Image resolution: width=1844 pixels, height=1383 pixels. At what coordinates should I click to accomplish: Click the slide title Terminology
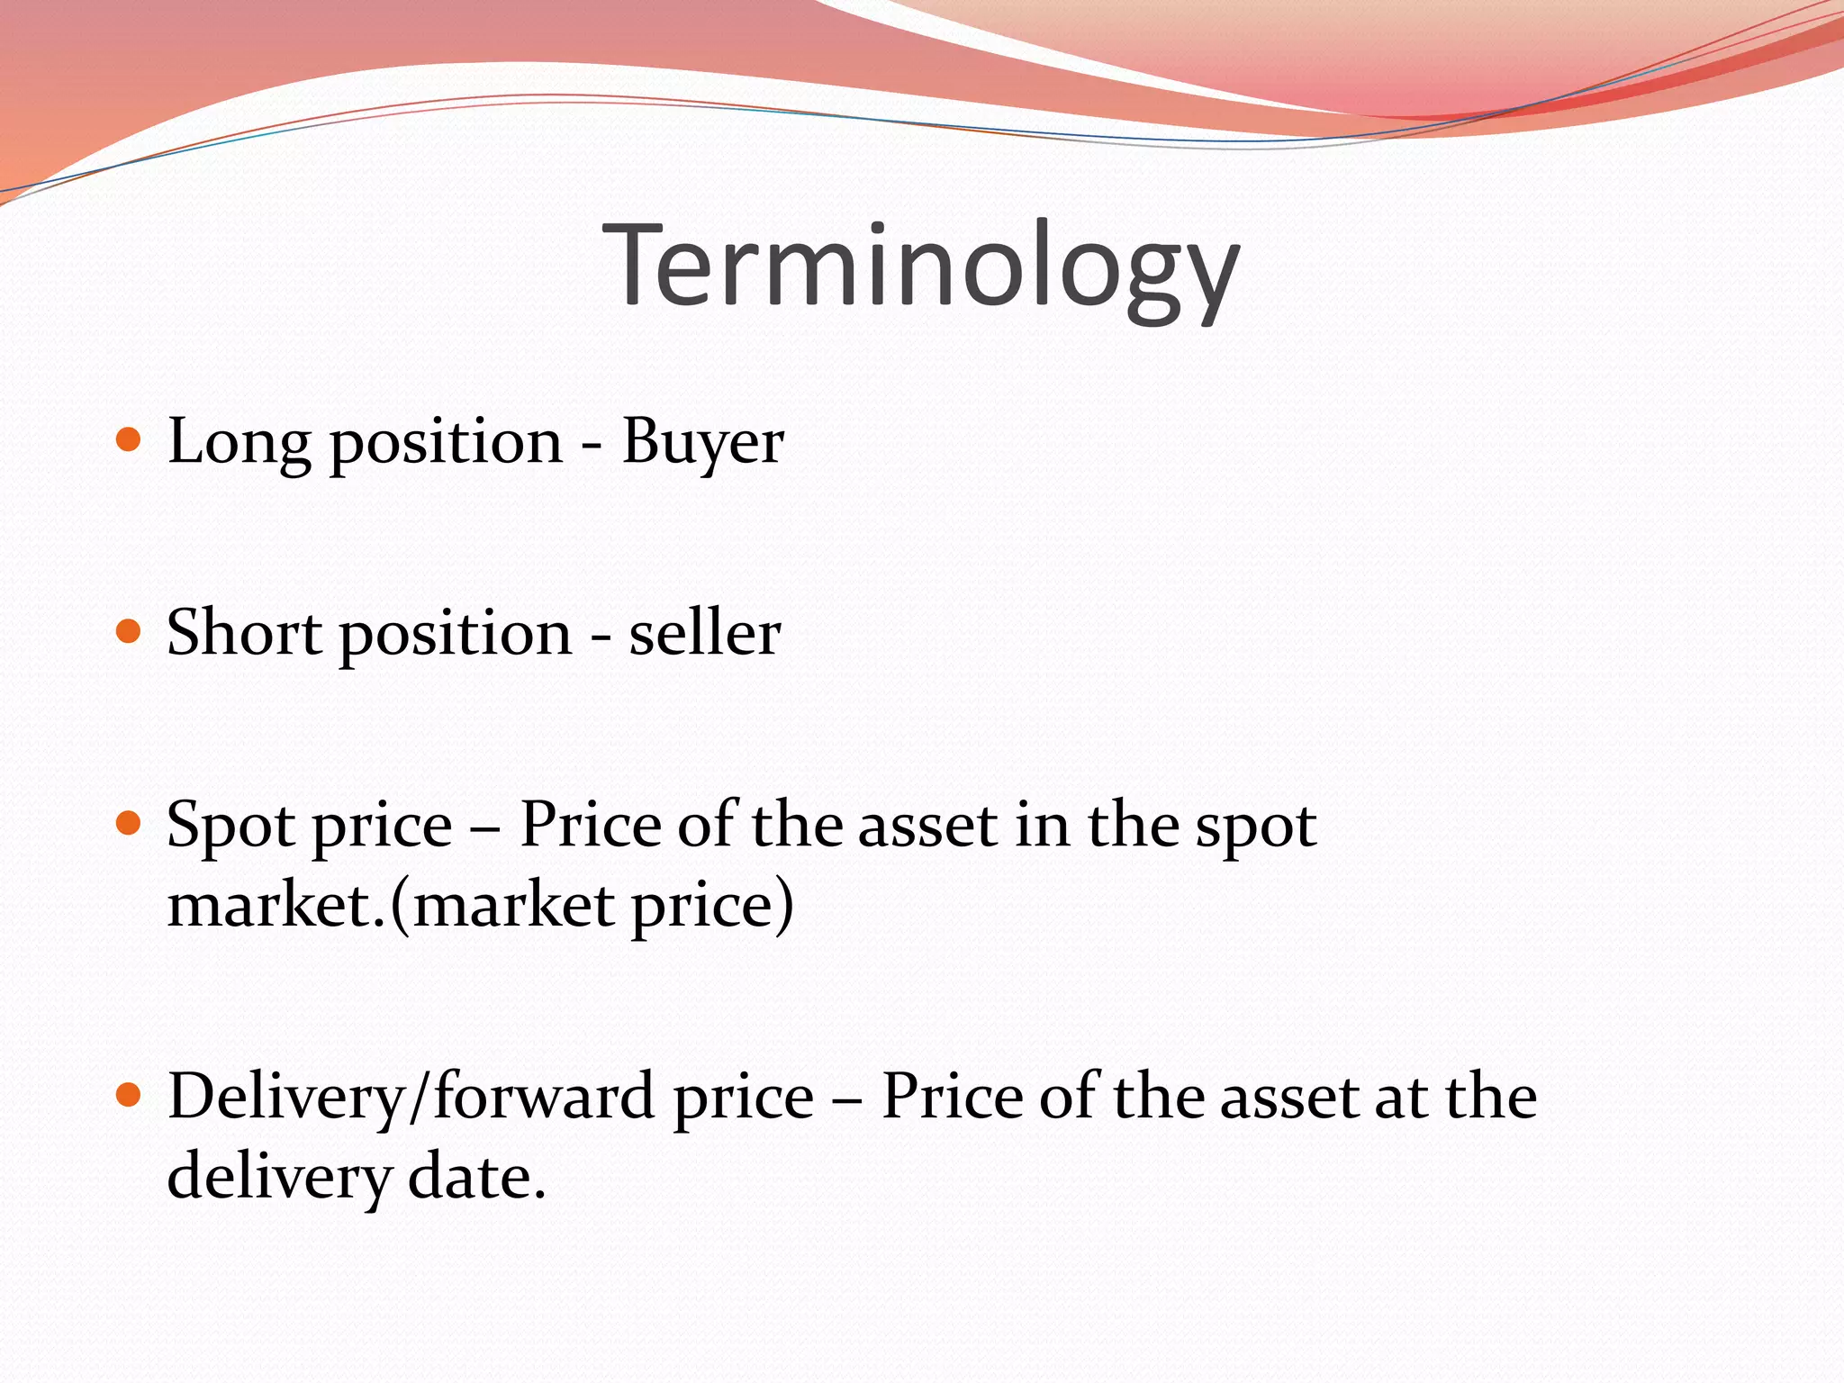(x=921, y=267)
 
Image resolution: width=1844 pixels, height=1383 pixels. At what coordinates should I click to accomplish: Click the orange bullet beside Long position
(x=130, y=440)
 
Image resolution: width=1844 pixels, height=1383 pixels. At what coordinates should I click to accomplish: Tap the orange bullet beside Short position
(x=130, y=631)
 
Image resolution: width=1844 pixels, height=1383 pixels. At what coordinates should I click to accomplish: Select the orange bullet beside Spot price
(x=130, y=823)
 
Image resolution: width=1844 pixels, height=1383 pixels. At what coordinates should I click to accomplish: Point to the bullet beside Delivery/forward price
(x=130, y=1096)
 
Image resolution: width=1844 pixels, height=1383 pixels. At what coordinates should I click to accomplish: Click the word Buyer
(x=702, y=443)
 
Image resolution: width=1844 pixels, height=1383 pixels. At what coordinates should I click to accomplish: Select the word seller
(x=704, y=633)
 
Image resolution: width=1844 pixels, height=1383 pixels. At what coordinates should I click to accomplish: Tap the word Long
(x=239, y=443)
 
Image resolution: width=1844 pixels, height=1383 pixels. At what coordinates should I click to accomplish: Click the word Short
(x=243, y=633)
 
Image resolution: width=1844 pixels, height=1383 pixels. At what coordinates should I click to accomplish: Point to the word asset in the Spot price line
(x=927, y=826)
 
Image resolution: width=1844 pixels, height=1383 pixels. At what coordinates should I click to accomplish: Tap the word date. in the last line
(x=477, y=1177)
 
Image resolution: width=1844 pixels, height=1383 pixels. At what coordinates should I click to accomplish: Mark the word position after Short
(x=456, y=635)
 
